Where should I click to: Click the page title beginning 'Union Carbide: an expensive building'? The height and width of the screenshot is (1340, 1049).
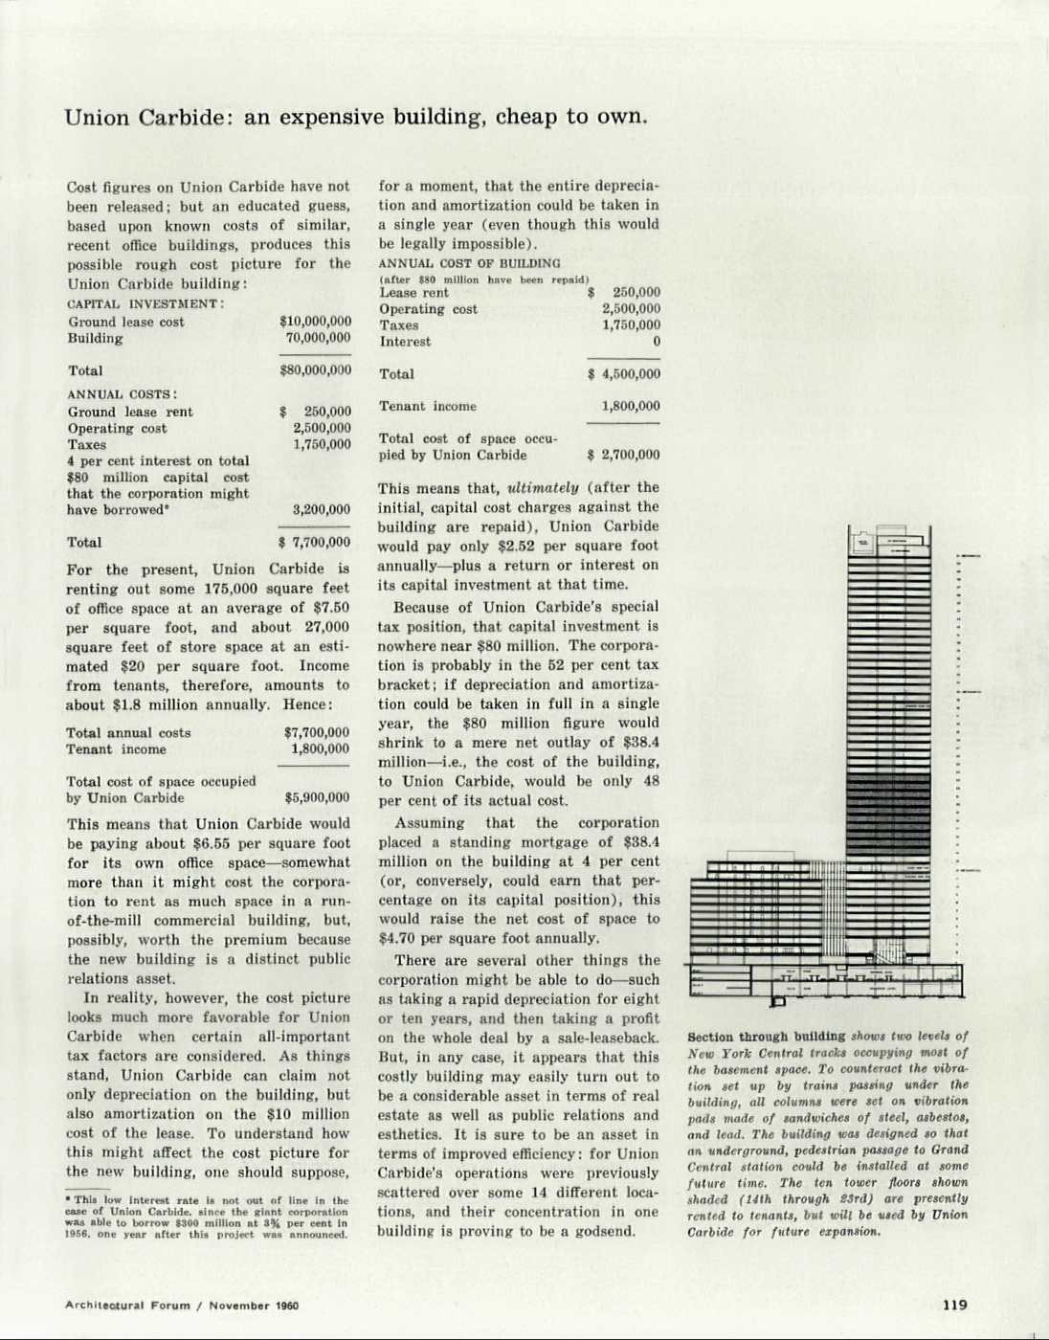356,118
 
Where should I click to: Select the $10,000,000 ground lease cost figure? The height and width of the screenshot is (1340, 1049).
315,322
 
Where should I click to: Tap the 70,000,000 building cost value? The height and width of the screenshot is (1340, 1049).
318,338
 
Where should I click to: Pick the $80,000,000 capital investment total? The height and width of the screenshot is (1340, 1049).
315,370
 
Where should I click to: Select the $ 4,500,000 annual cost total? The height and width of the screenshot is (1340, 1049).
624,374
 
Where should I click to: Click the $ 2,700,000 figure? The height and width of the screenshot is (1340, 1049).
624,456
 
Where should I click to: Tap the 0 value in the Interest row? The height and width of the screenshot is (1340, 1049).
656,342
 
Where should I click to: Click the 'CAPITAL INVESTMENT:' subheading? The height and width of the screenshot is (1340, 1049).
145,303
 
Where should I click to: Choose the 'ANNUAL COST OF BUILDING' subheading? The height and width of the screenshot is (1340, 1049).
469,263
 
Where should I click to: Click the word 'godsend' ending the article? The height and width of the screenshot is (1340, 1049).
600,1231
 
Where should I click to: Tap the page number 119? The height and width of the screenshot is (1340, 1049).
954,1304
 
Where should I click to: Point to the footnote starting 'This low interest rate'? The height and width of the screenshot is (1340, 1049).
207,1217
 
